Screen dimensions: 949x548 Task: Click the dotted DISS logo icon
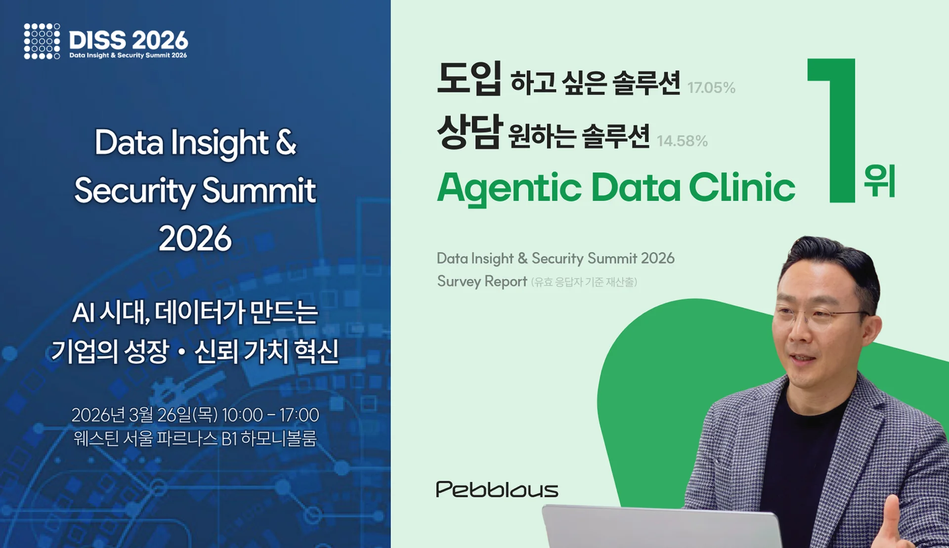coord(42,41)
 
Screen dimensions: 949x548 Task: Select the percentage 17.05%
coord(711,88)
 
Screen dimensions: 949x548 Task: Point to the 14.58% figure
coord(682,141)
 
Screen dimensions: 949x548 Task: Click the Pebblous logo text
coord(497,489)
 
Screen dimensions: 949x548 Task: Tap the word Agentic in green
coord(509,189)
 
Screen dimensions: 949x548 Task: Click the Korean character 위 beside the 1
coord(880,181)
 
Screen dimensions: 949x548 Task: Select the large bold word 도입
coord(469,79)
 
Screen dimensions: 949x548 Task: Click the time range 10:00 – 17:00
coord(270,415)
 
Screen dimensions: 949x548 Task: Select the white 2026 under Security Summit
coord(195,239)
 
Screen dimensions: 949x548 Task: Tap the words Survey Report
coord(482,281)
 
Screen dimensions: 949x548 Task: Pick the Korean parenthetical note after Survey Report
coord(584,282)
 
